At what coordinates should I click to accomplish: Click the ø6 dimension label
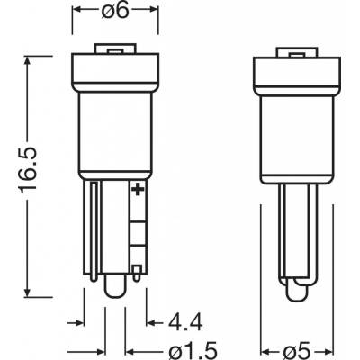[115, 11]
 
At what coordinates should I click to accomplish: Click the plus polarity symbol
[138, 190]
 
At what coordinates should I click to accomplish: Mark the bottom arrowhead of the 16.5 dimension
[28, 290]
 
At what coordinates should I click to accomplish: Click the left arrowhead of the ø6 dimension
[78, 10]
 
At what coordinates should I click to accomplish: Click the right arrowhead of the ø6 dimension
[152, 10]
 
